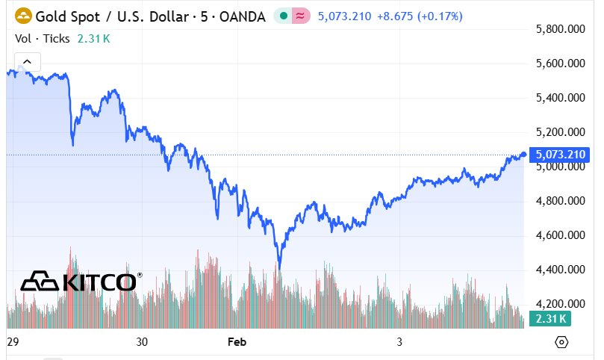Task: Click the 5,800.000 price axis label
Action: (x=560, y=29)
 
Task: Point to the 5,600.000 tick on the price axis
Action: (x=560, y=63)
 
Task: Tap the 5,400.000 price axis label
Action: (x=560, y=98)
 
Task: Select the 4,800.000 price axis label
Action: (x=560, y=201)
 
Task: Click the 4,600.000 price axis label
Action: (x=560, y=235)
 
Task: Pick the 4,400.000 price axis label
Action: (x=560, y=270)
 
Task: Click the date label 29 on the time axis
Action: (x=12, y=342)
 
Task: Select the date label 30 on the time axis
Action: (x=143, y=342)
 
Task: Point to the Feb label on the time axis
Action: (x=237, y=342)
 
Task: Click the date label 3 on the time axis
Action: (x=399, y=342)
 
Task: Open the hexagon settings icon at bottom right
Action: (x=562, y=342)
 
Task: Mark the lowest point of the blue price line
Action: (x=279, y=267)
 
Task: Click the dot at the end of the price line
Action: (x=523, y=154)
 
